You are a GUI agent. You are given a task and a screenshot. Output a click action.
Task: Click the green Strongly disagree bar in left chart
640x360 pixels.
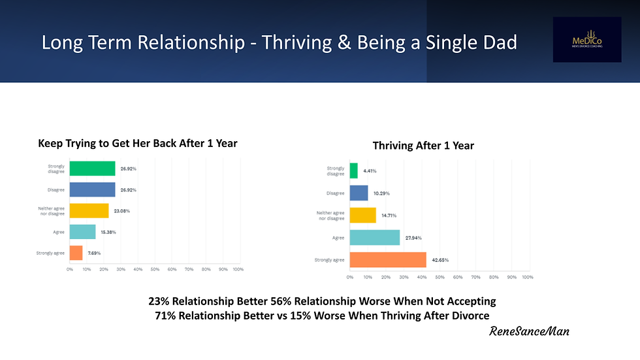click(x=92, y=169)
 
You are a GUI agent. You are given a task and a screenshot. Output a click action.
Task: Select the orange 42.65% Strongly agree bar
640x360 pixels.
click(x=388, y=260)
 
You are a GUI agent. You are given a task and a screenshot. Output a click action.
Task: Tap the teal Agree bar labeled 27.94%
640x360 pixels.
click(x=375, y=237)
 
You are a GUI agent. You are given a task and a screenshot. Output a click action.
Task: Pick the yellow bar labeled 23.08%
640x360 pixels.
click(x=89, y=210)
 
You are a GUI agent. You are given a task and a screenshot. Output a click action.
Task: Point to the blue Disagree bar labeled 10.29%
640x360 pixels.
click(x=359, y=193)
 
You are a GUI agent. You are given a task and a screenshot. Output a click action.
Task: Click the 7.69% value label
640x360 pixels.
click(x=95, y=253)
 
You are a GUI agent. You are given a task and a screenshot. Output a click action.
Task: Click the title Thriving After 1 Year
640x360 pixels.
click(x=423, y=146)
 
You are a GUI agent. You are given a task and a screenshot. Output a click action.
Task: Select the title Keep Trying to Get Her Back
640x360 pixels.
click(x=137, y=143)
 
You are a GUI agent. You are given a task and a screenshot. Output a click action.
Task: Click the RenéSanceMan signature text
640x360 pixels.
click(x=529, y=331)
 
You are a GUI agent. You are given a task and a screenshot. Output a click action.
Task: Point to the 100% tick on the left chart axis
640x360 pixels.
click(x=238, y=269)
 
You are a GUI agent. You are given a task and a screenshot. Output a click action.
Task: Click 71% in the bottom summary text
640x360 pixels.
click(x=163, y=316)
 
